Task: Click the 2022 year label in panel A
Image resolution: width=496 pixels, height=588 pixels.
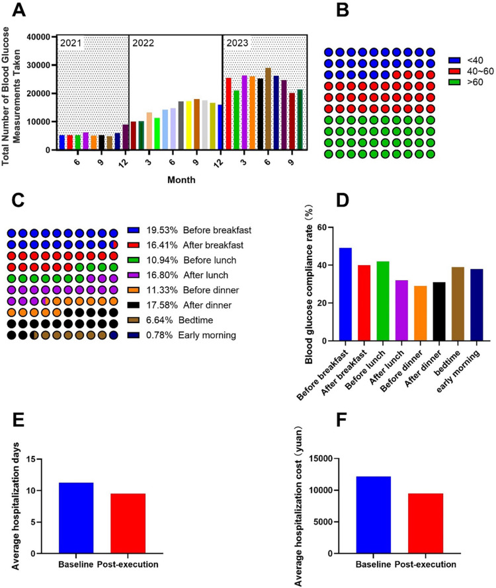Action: [x=143, y=43]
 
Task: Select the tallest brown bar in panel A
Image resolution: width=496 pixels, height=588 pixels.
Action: [x=268, y=109]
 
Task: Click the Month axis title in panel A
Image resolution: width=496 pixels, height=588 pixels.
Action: [x=181, y=180]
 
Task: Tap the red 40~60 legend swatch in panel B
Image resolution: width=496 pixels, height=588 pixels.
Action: [x=454, y=71]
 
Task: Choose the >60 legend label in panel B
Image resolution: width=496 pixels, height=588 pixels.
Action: [x=475, y=82]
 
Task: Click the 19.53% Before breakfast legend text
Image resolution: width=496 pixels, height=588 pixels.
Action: [x=199, y=231]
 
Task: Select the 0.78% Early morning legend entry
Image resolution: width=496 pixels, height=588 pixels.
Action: [x=182, y=335]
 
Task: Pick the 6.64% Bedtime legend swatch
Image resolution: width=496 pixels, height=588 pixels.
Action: [x=134, y=320]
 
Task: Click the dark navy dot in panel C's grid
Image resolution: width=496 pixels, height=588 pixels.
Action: [x=114, y=335]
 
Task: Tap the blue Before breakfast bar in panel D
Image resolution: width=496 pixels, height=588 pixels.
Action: [x=345, y=295]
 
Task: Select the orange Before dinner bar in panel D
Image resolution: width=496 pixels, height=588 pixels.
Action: [x=421, y=314]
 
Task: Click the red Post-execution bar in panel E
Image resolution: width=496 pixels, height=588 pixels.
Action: [x=128, y=523]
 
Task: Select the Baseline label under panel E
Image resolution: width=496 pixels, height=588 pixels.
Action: [x=76, y=564]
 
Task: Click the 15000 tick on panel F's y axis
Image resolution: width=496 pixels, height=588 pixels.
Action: [x=323, y=459]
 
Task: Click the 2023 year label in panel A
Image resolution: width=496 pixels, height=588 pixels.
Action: [x=237, y=43]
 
